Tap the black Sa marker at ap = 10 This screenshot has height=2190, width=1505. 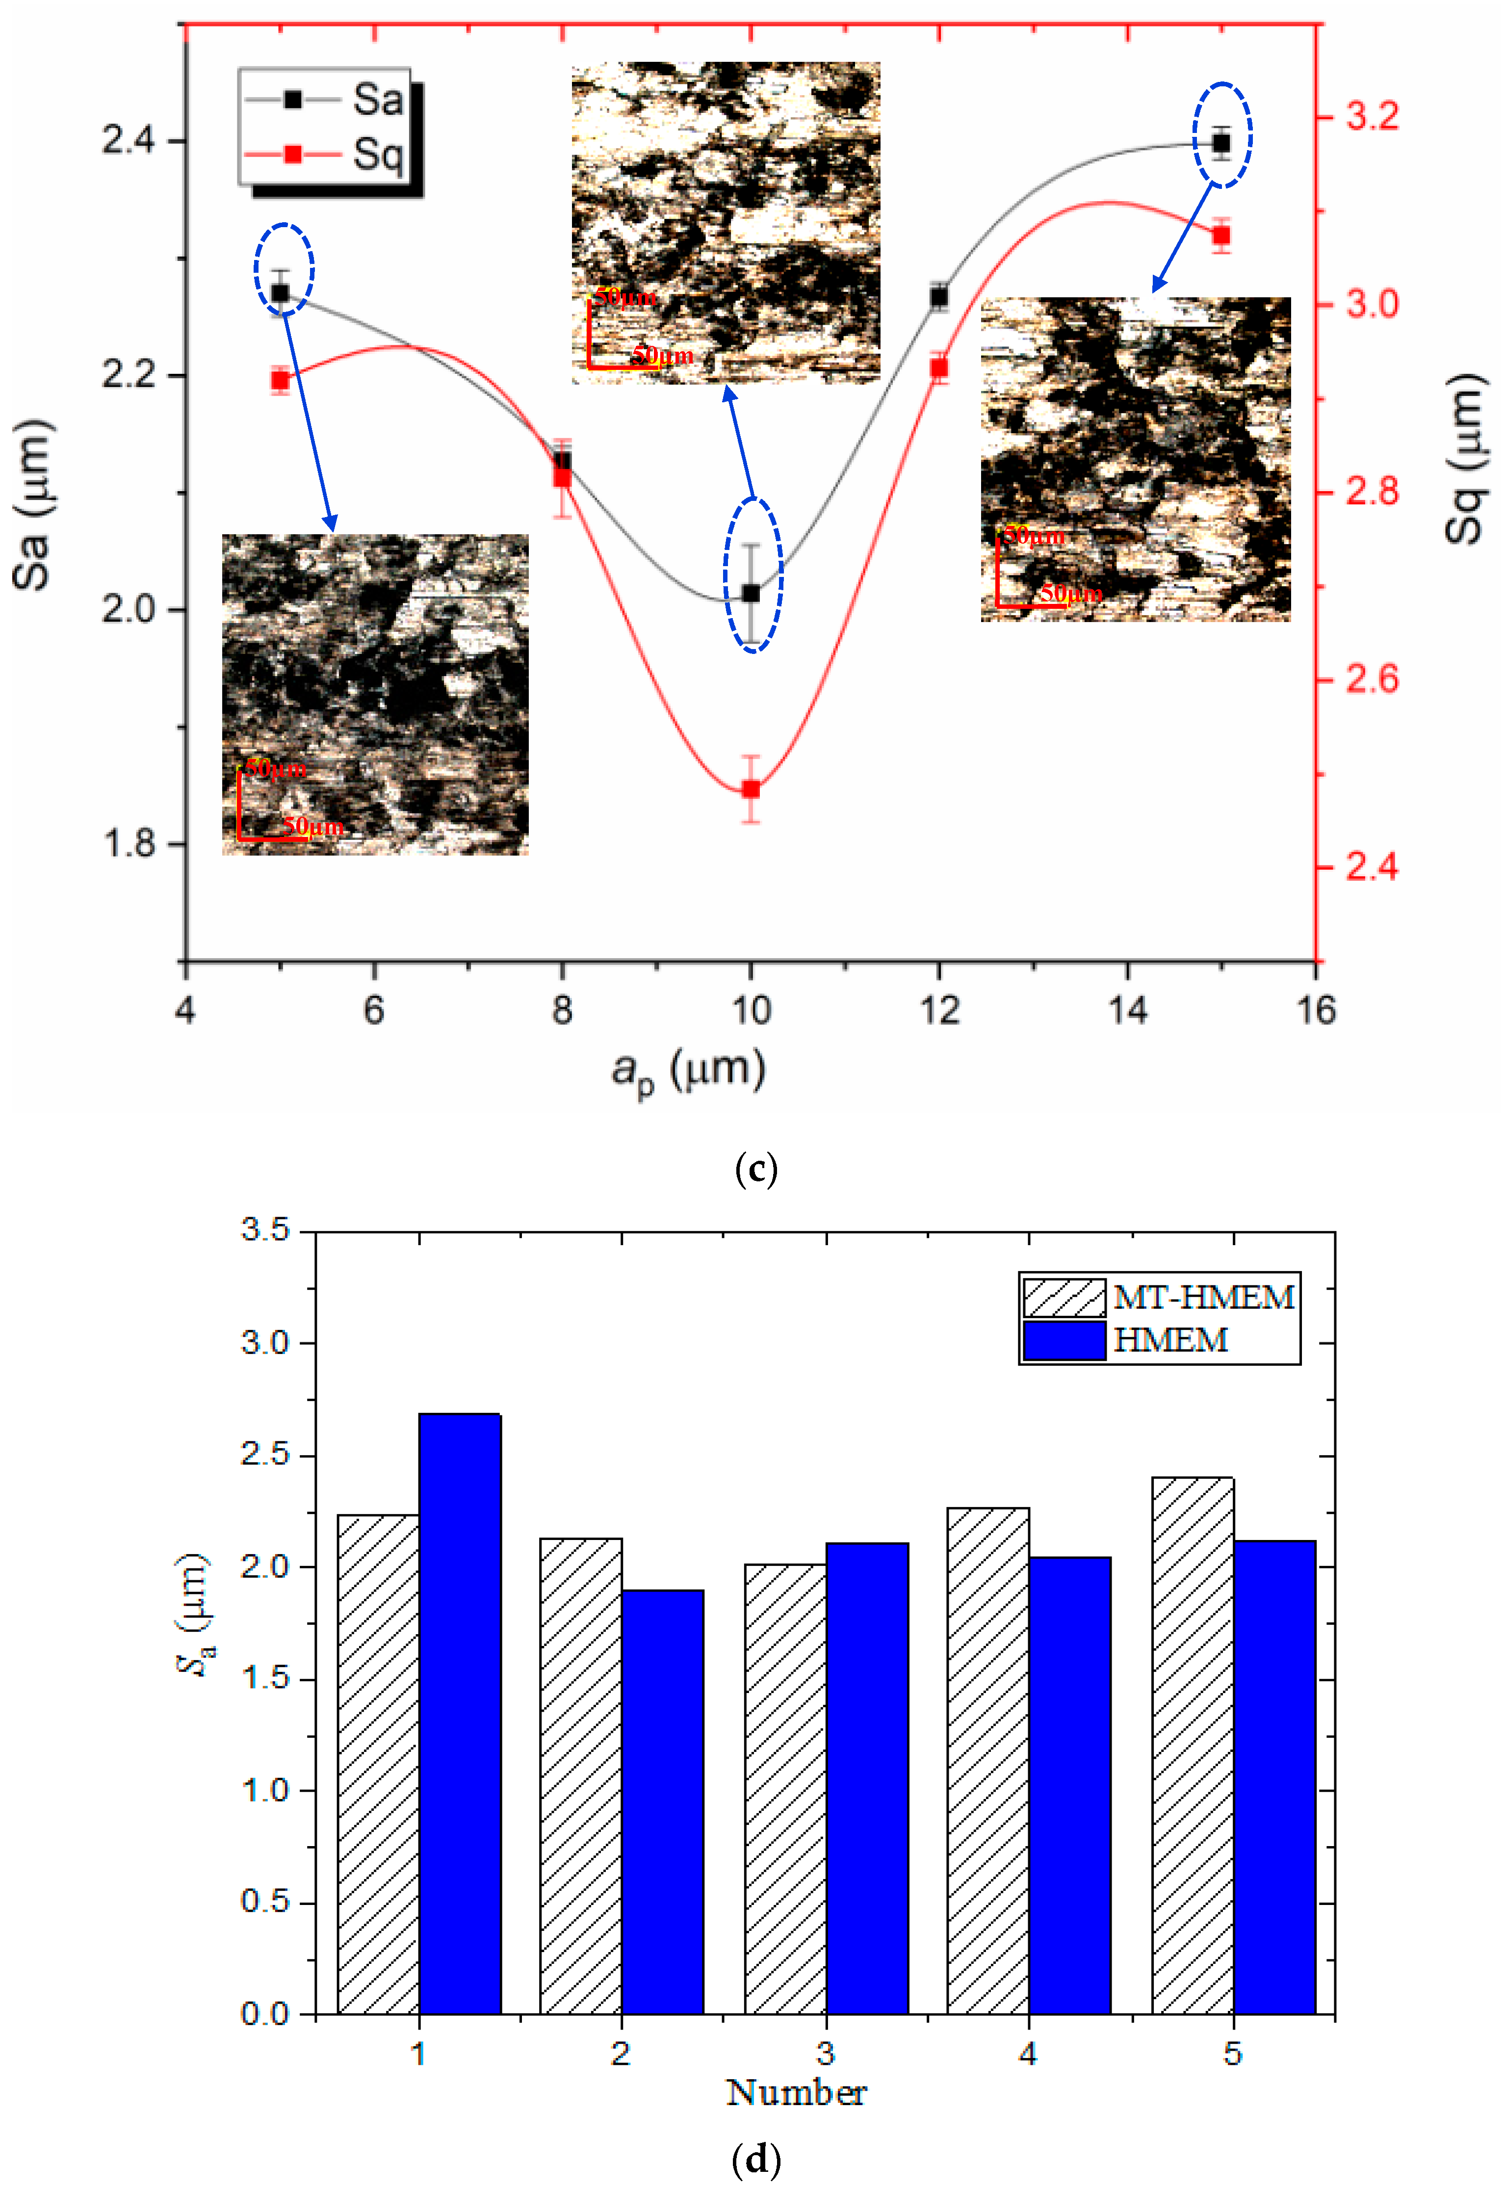pos(751,593)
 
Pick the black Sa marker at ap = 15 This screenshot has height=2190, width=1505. pos(1221,143)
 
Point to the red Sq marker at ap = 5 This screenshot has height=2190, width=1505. pos(280,380)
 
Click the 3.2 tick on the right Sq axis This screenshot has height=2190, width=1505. pos(1370,117)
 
